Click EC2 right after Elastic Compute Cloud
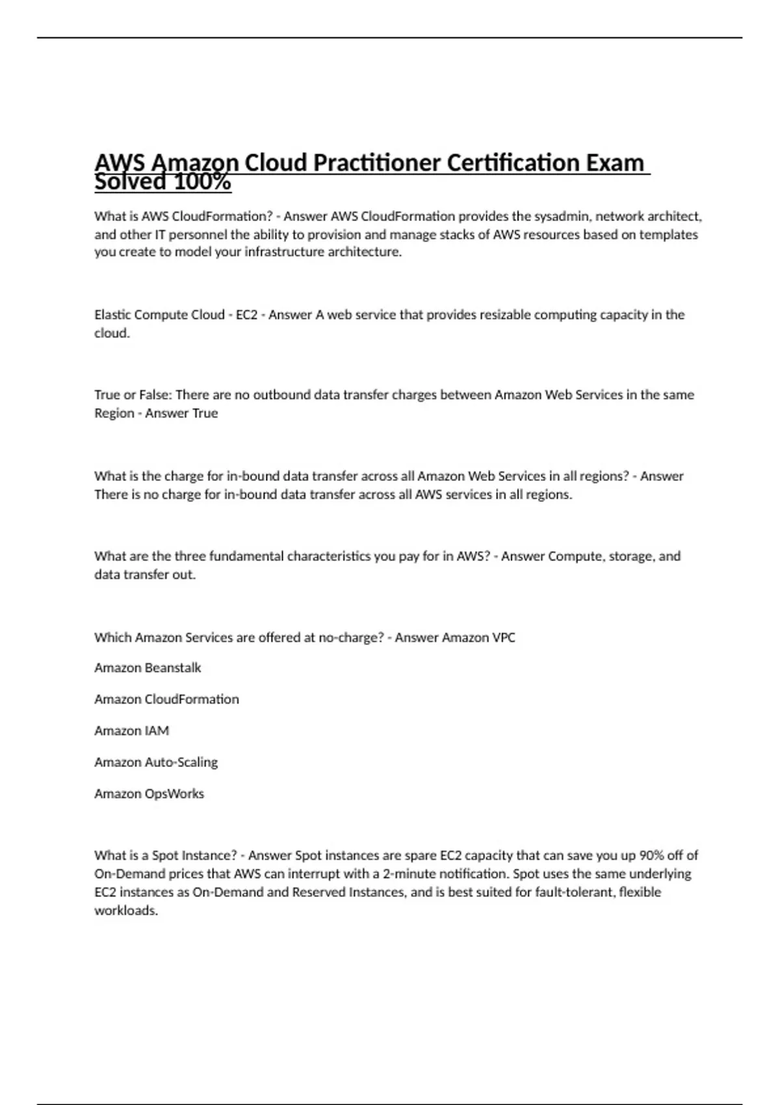click(246, 315)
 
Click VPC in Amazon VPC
click(504, 637)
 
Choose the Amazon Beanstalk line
click(148, 668)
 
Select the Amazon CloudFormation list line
click(166, 699)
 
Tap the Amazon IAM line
click(131, 731)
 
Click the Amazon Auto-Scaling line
click(156, 762)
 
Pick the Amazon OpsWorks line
click(149, 794)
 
